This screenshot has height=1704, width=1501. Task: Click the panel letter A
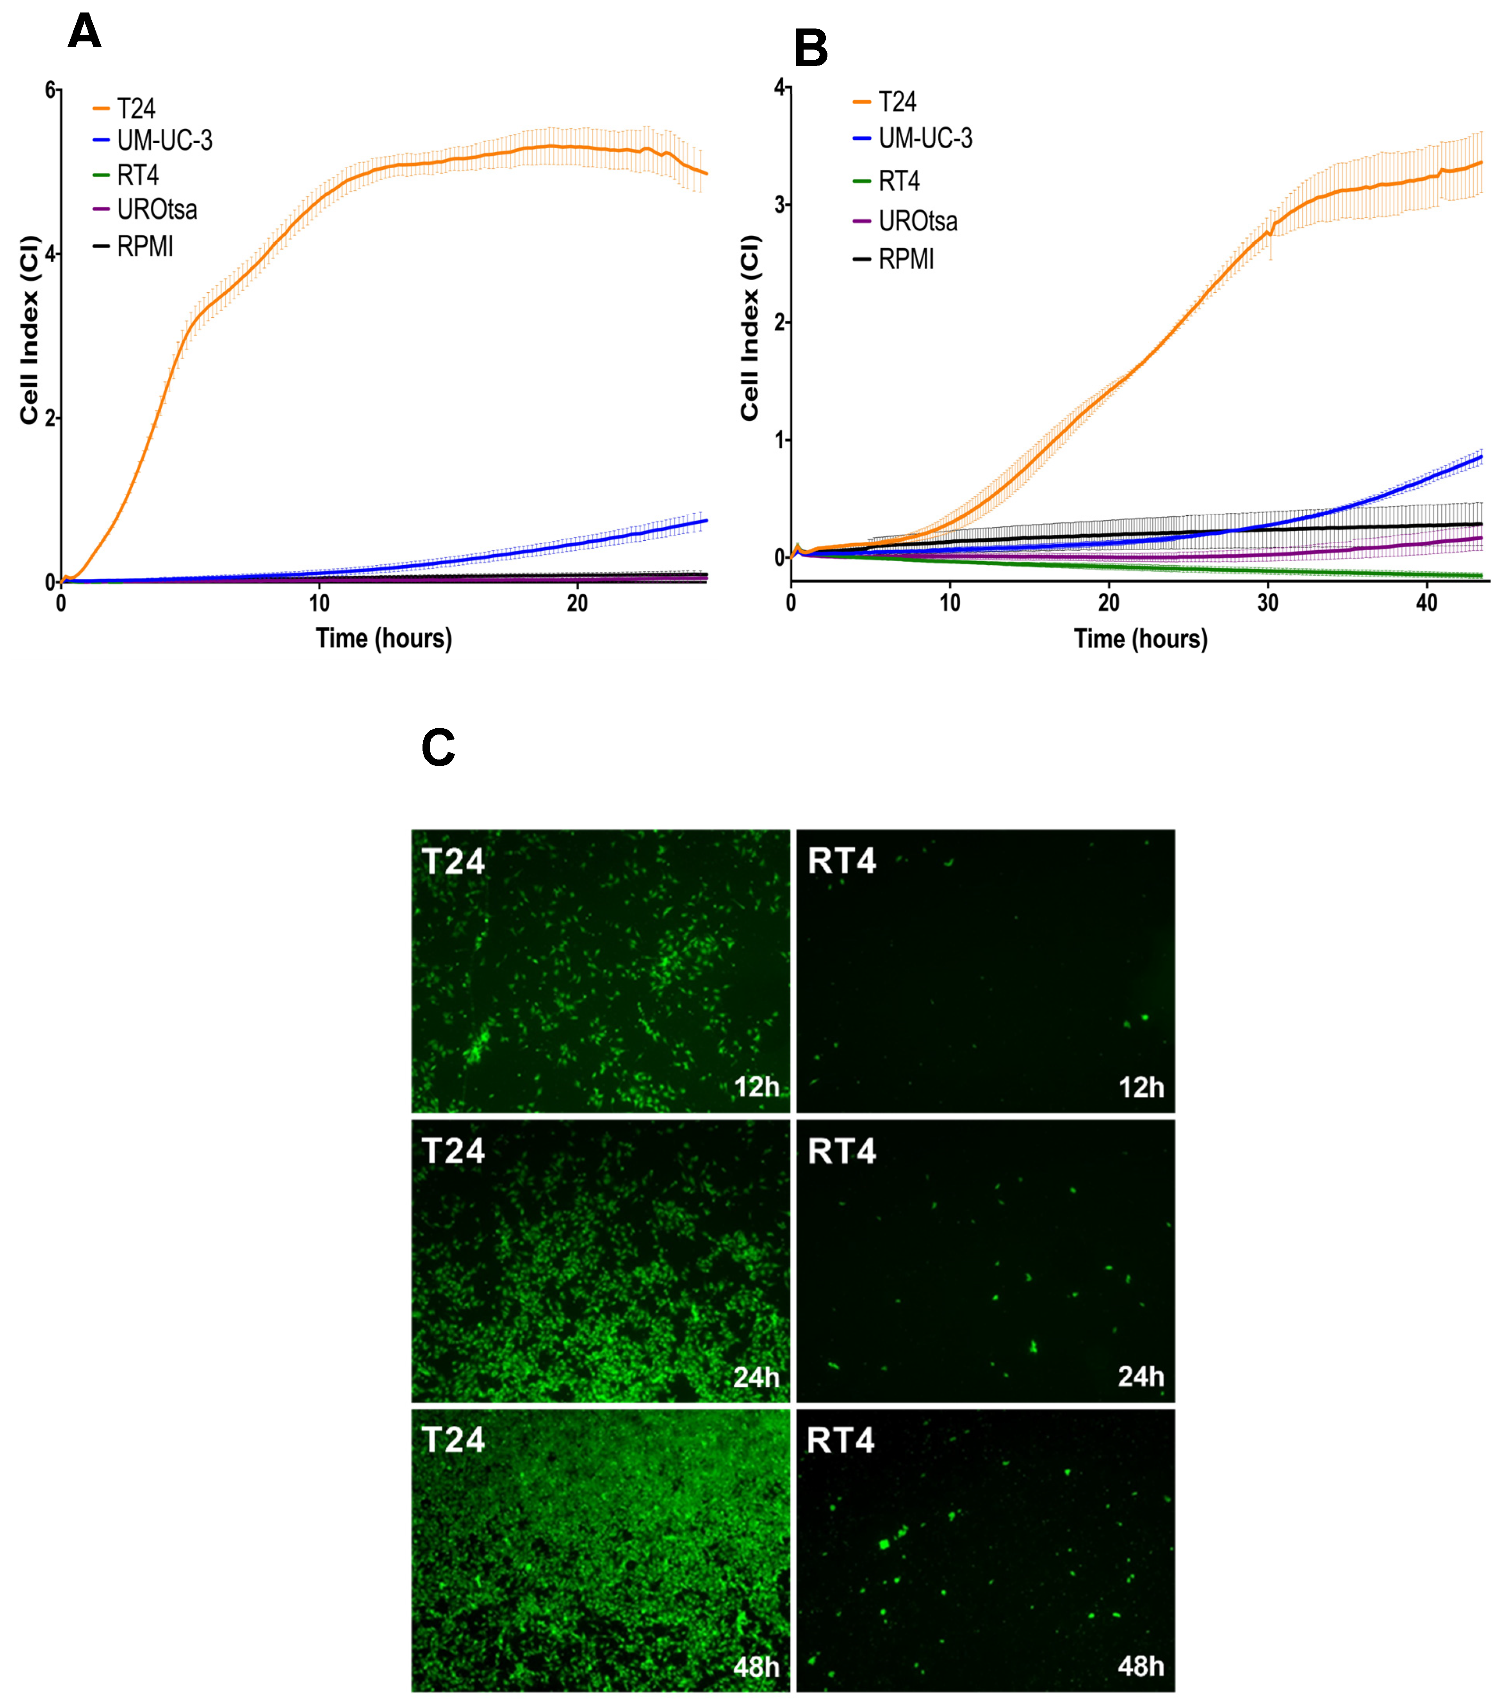[x=84, y=32]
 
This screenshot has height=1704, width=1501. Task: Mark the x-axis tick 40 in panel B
[x=1427, y=603]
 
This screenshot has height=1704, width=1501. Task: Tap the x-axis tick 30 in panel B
[x=1267, y=603]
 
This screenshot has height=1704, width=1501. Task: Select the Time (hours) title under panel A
[x=383, y=639]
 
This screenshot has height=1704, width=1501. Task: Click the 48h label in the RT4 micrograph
[x=1141, y=1667]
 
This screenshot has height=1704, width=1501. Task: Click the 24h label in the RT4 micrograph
[x=1141, y=1377]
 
